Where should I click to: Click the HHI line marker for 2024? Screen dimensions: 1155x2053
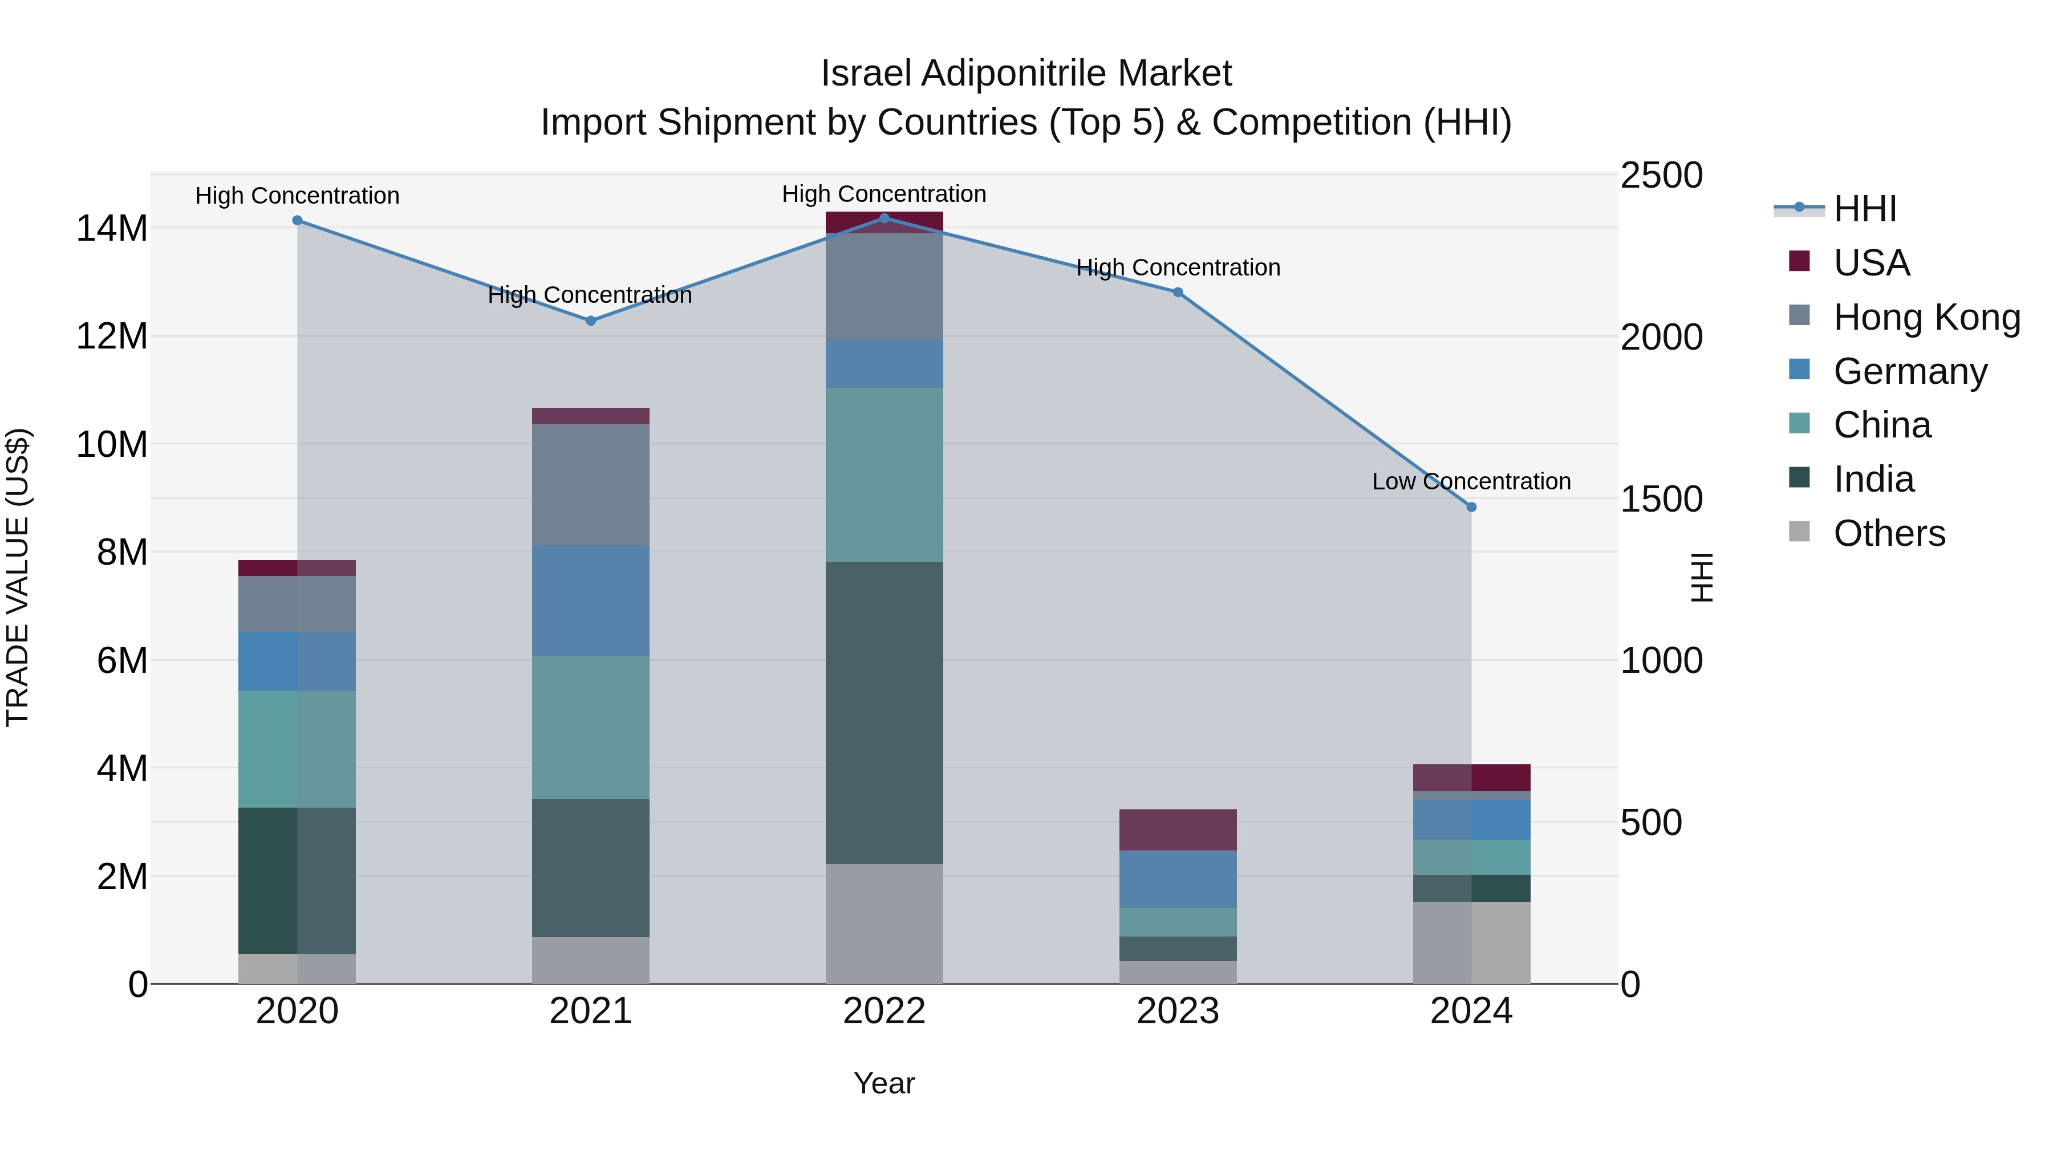click(1471, 507)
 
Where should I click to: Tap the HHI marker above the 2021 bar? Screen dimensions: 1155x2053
click(591, 321)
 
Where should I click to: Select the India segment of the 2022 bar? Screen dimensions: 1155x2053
click(884, 712)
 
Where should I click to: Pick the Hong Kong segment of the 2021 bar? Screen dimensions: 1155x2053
click(591, 485)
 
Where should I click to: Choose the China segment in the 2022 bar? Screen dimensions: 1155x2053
click(884, 475)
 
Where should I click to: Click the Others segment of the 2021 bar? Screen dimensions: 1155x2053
click(591, 960)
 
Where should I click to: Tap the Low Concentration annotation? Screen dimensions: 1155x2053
click(1471, 481)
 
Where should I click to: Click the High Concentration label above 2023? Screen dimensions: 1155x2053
click(1178, 268)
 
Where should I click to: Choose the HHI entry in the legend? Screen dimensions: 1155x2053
click(1864, 209)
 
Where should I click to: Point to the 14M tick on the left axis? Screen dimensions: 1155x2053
click(112, 229)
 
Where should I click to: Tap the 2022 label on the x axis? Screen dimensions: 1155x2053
click(884, 1011)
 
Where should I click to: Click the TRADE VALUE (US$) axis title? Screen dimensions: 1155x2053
click(18, 577)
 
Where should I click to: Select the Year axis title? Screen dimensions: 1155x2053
click(884, 1083)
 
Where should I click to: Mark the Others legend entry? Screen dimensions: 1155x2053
click(1889, 533)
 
